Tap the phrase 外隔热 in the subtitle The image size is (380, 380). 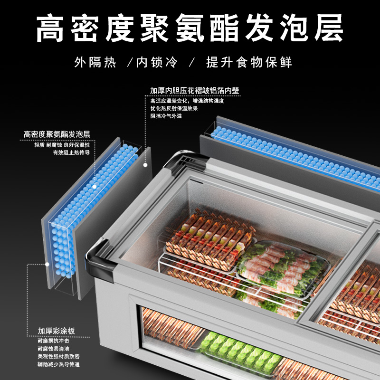point(95,63)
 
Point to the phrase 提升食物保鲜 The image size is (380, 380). point(249,63)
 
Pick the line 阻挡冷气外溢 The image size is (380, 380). point(166,116)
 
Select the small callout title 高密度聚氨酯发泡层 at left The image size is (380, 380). point(57,135)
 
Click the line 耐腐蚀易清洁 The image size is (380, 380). point(53,349)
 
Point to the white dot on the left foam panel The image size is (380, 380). point(95,187)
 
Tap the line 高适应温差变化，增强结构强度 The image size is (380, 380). point(187,101)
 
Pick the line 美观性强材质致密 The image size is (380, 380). point(58,356)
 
